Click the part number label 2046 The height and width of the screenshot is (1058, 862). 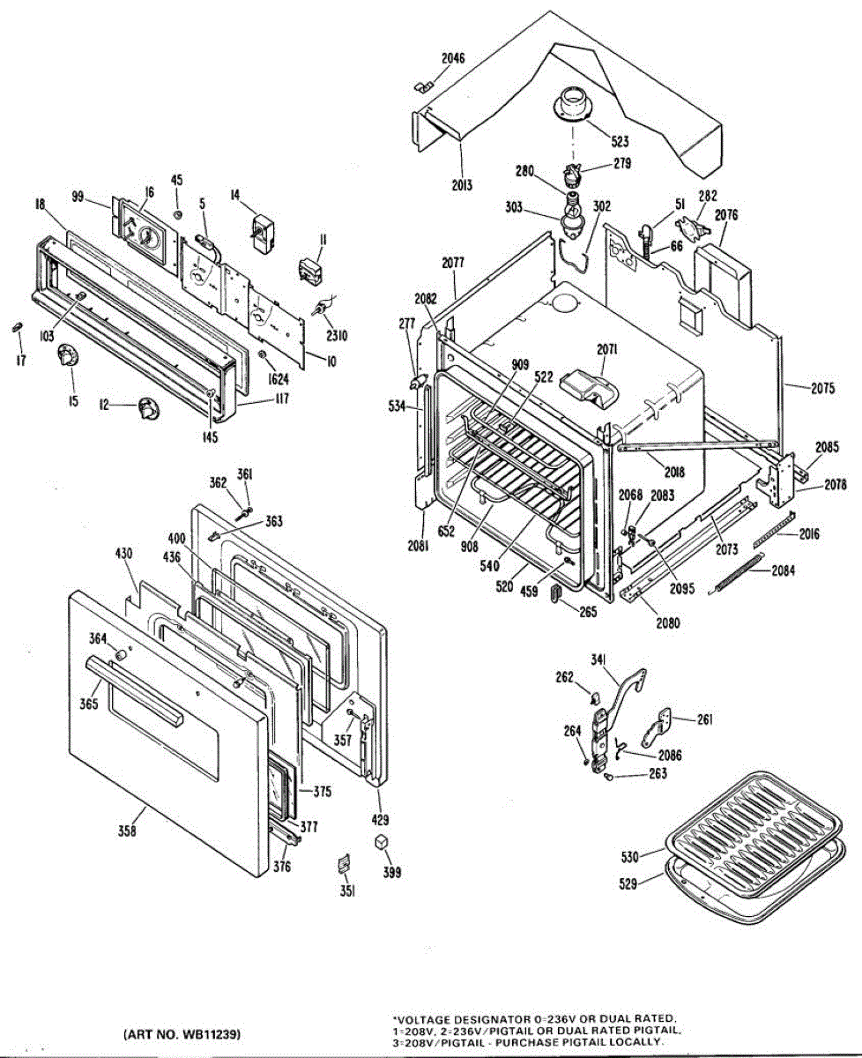click(454, 59)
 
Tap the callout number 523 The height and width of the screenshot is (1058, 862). click(620, 141)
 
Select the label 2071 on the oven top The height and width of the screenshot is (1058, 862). click(606, 349)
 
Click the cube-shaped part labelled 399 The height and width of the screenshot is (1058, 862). click(382, 842)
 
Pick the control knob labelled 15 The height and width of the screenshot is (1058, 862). click(67, 358)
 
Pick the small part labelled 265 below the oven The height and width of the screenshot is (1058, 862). click(555, 592)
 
